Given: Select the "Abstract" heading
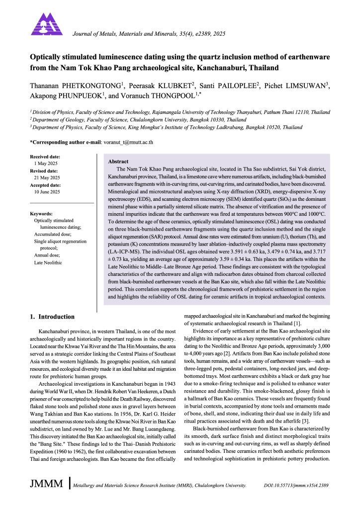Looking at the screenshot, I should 118,162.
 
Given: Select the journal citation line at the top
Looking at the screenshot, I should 149,34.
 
